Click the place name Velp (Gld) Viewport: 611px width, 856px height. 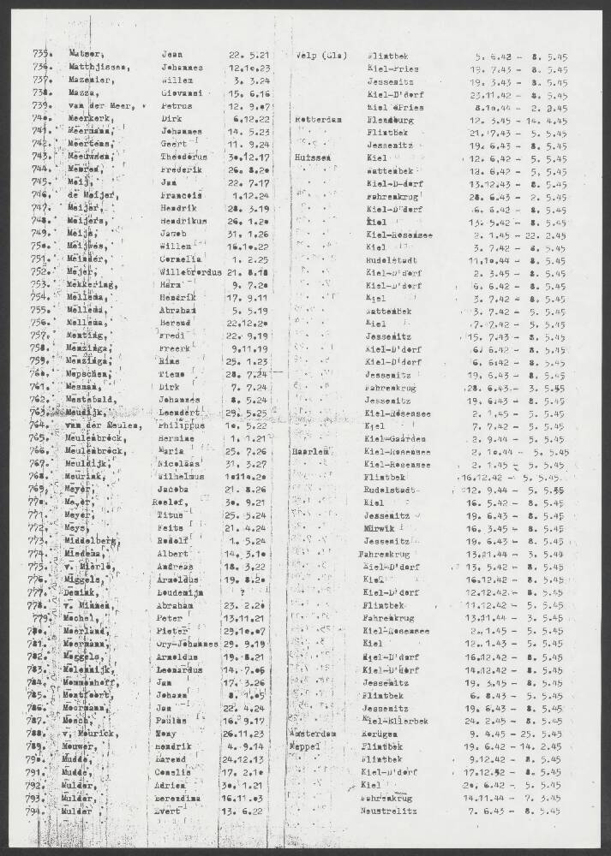click(x=320, y=54)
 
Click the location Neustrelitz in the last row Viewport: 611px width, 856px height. click(x=387, y=809)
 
